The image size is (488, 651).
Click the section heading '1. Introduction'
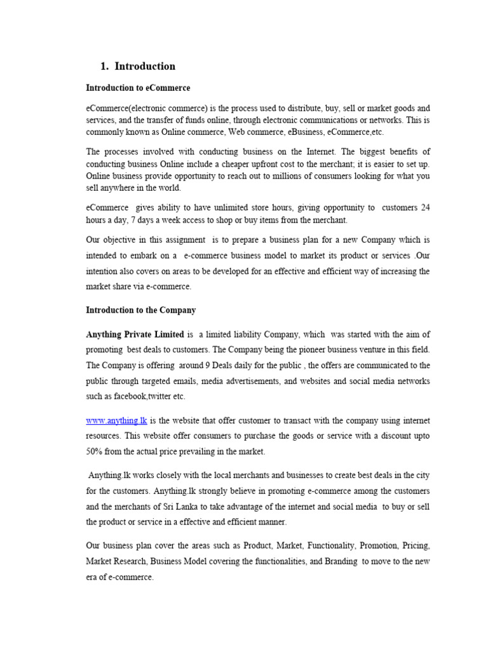(138, 66)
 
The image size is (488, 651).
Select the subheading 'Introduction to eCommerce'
(138, 88)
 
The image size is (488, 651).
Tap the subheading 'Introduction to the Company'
(141, 310)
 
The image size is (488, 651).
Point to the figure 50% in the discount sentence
(96, 451)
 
